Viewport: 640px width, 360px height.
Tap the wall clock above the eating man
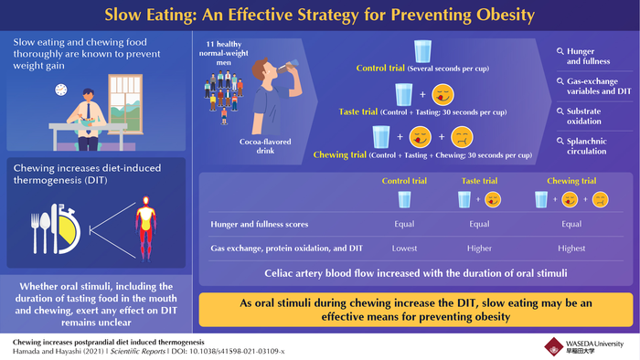point(59,90)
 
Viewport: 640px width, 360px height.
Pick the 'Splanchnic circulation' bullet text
point(589,144)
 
